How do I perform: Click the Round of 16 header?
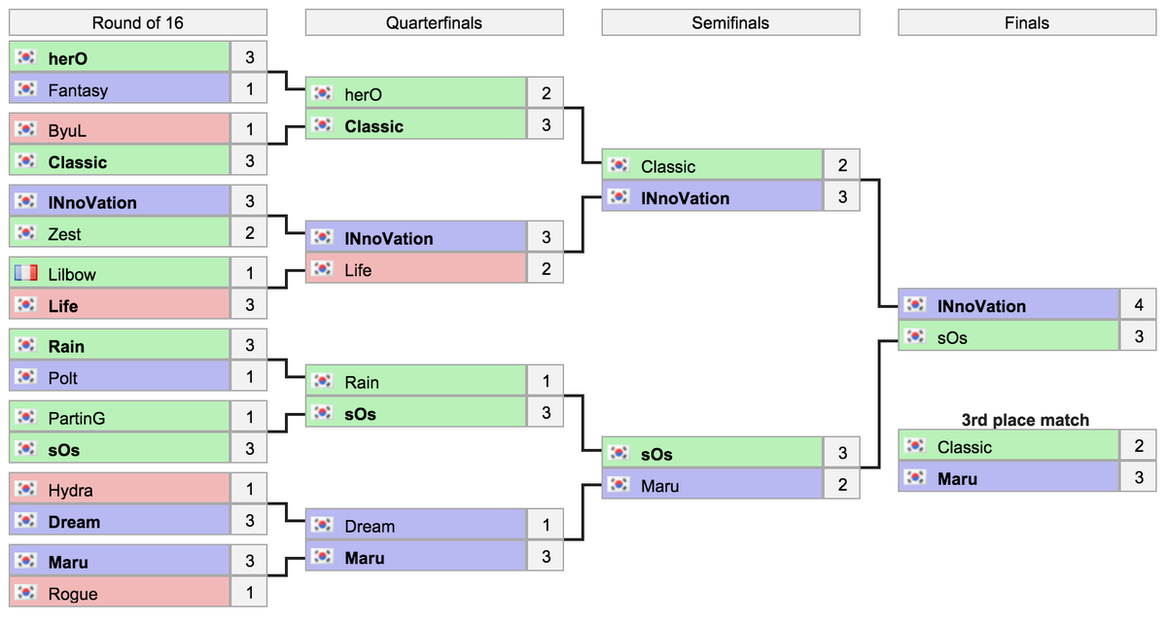coord(137,23)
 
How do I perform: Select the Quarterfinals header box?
coord(434,23)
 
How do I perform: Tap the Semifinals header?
coord(730,23)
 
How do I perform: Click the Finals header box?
coord(1027,23)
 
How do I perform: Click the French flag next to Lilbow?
coord(27,274)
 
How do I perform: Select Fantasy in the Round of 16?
coord(78,90)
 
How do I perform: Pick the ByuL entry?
coord(67,130)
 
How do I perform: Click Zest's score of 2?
coord(250,234)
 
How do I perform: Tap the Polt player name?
coord(62,378)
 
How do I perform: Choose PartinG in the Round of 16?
coord(77,418)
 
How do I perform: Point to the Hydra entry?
coord(70,490)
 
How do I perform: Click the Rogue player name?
coord(73,594)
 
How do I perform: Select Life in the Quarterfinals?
coord(358,270)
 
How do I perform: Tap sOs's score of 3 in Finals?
coord(1138,337)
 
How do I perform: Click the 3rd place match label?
coord(1025,420)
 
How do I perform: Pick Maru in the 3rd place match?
coord(957,479)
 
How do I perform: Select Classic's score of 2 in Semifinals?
coord(842,166)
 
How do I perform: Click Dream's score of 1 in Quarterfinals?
coord(546,526)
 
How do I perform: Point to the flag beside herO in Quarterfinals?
coord(323,94)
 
